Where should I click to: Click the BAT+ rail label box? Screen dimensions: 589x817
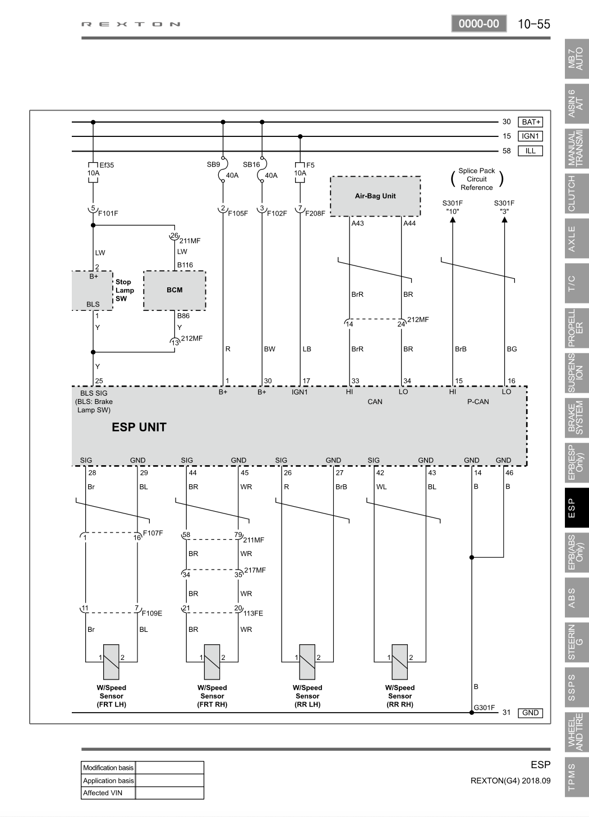530,122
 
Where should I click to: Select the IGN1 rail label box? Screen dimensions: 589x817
530,136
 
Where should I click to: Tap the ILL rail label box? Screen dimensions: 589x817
530,150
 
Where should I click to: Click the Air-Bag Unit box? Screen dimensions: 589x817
375,196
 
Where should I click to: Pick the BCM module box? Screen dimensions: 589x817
174,290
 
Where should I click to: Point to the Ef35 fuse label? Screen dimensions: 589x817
107,165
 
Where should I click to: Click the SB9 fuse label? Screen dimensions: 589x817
213,164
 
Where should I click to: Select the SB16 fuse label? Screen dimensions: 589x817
251,164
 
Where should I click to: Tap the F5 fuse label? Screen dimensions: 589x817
310,165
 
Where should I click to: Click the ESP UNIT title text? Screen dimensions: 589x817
139,427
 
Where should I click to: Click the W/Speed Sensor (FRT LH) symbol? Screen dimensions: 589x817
111,662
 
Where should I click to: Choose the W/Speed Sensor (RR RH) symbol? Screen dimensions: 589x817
400,662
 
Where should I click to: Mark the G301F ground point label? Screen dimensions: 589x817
484,708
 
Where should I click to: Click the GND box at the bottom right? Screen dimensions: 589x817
530,713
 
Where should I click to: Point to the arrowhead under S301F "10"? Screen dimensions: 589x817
453,219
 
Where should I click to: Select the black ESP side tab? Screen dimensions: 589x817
577,508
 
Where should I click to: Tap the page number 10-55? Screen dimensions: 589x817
534,24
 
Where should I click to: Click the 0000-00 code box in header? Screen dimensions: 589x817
479,24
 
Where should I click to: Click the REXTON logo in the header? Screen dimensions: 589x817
131,25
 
